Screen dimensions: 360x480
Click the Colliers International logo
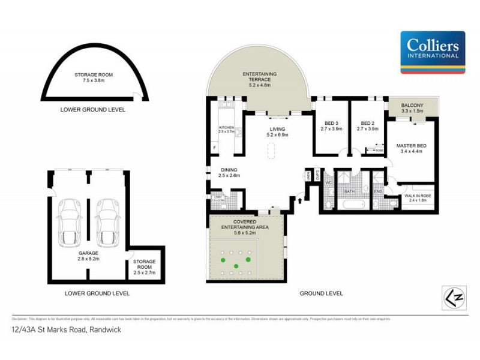(x=433, y=52)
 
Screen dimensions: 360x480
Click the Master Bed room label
(x=411, y=148)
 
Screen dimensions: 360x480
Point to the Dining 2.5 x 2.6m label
(x=229, y=173)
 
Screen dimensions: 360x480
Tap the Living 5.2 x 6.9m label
(x=277, y=132)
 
